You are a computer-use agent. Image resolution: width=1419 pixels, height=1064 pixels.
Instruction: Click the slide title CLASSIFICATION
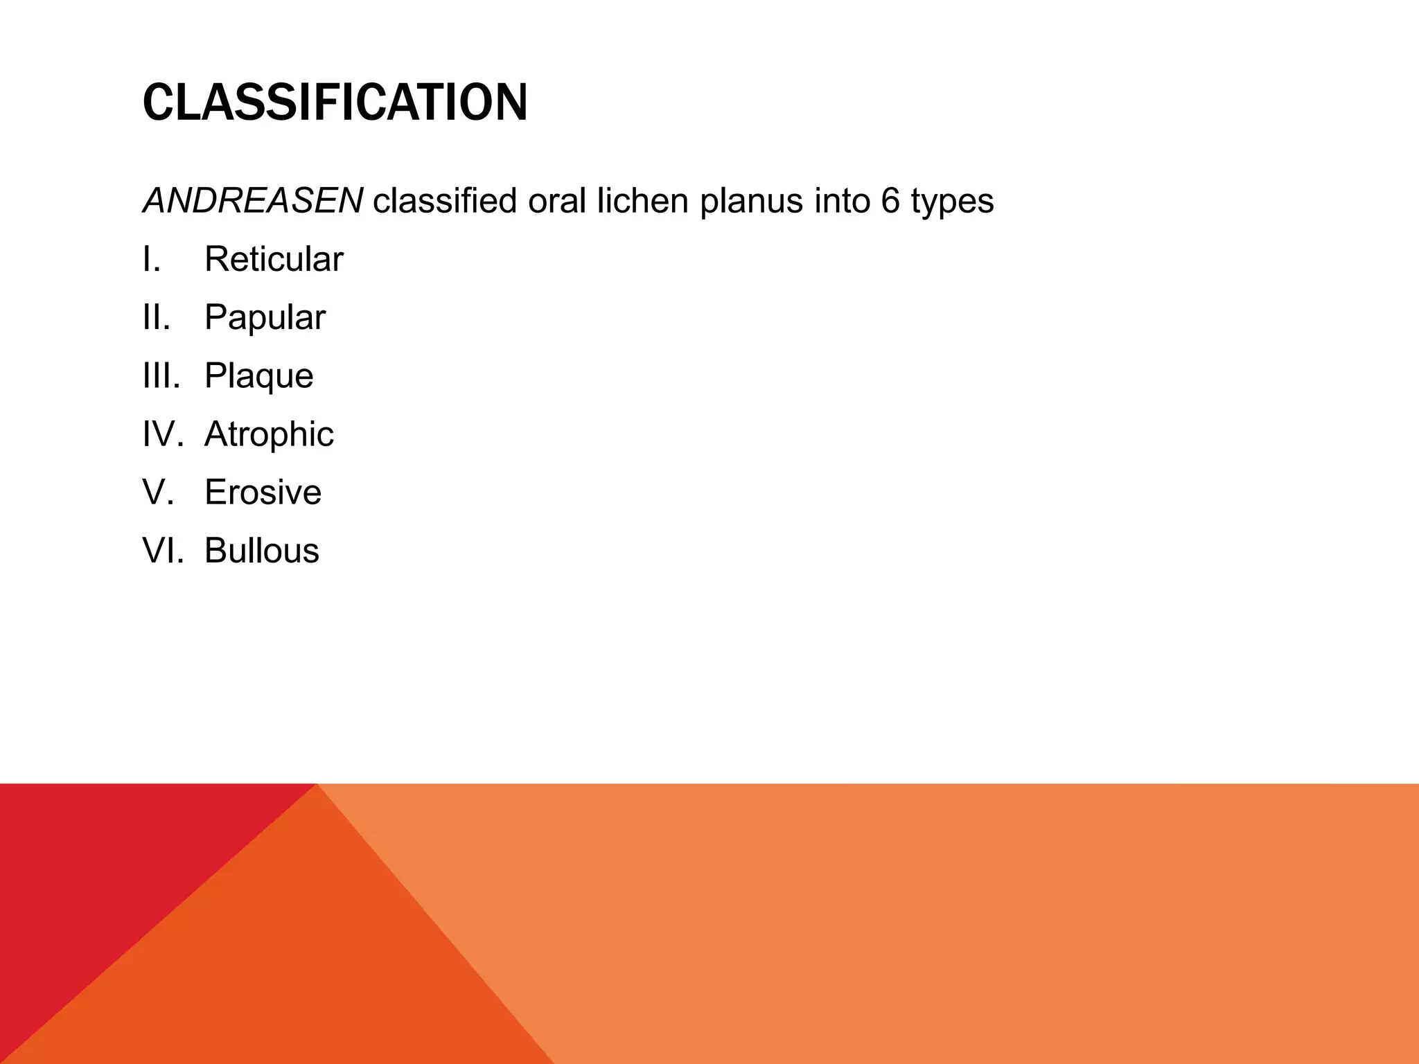point(335,103)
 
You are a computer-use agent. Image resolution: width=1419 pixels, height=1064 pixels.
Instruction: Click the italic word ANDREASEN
point(252,202)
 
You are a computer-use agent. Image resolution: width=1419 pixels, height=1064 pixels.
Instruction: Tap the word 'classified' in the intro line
point(445,202)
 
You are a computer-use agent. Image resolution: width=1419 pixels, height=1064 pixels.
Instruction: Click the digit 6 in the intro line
point(891,202)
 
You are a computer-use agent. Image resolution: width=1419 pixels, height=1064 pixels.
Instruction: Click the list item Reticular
point(274,260)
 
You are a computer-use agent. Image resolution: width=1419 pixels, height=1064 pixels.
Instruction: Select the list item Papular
point(265,318)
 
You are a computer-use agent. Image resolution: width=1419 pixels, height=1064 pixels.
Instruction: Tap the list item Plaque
point(258,376)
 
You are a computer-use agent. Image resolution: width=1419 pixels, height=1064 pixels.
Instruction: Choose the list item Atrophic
point(269,434)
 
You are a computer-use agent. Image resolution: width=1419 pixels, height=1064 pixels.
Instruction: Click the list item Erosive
point(263,493)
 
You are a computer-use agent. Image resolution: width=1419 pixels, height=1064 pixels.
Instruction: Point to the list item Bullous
point(261,551)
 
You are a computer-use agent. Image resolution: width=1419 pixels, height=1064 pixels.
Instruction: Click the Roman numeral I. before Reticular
point(152,260)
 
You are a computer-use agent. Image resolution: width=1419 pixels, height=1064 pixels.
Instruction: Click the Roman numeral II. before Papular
point(157,318)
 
